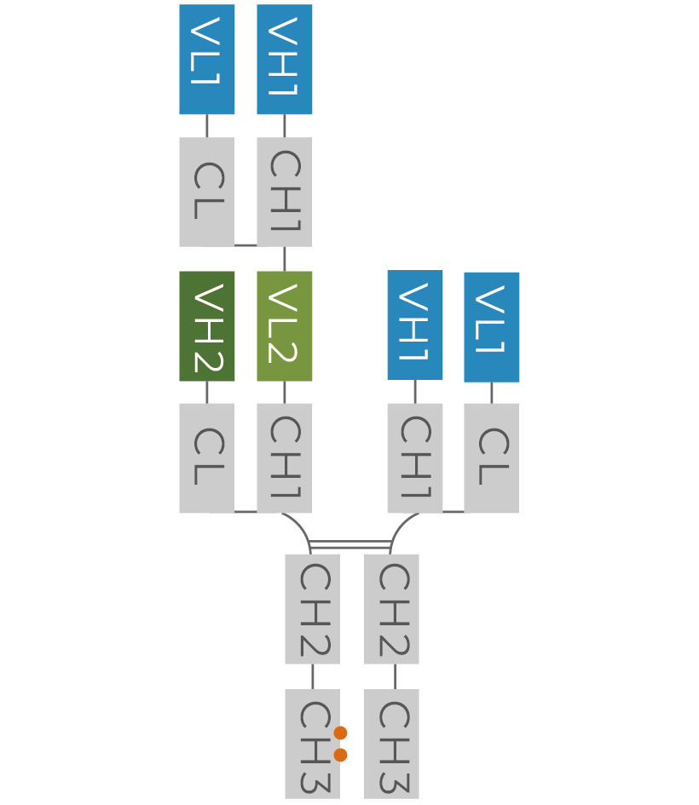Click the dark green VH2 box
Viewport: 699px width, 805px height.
[x=206, y=325]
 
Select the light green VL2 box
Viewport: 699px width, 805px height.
[x=284, y=325]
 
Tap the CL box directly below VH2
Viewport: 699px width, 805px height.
[x=206, y=457]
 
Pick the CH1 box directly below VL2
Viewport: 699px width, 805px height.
[x=284, y=457]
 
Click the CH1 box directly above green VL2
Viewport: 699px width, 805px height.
[x=284, y=192]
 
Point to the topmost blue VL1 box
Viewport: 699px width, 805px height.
[x=206, y=60]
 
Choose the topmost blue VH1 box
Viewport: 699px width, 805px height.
[x=284, y=60]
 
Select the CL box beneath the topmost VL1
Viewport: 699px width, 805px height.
[x=206, y=192]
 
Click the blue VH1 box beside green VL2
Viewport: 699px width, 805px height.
[x=414, y=325]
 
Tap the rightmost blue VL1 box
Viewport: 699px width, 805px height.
[x=491, y=326]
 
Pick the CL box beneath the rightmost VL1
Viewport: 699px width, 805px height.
[x=491, y=457]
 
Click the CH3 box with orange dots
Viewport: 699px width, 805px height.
[x=312, y=744]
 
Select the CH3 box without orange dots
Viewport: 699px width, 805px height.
[x=391, y=744]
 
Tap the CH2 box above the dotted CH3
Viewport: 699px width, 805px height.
[x=312, y=608]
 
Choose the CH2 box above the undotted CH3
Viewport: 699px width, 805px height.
[x=391, y=608]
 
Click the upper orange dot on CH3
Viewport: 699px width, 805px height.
[x=341, y=733]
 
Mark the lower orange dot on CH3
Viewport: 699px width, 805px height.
[x=341, y=755]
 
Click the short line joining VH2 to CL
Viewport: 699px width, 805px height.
[x=206, y=392]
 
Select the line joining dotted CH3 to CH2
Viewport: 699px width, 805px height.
[x=312, y=676]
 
